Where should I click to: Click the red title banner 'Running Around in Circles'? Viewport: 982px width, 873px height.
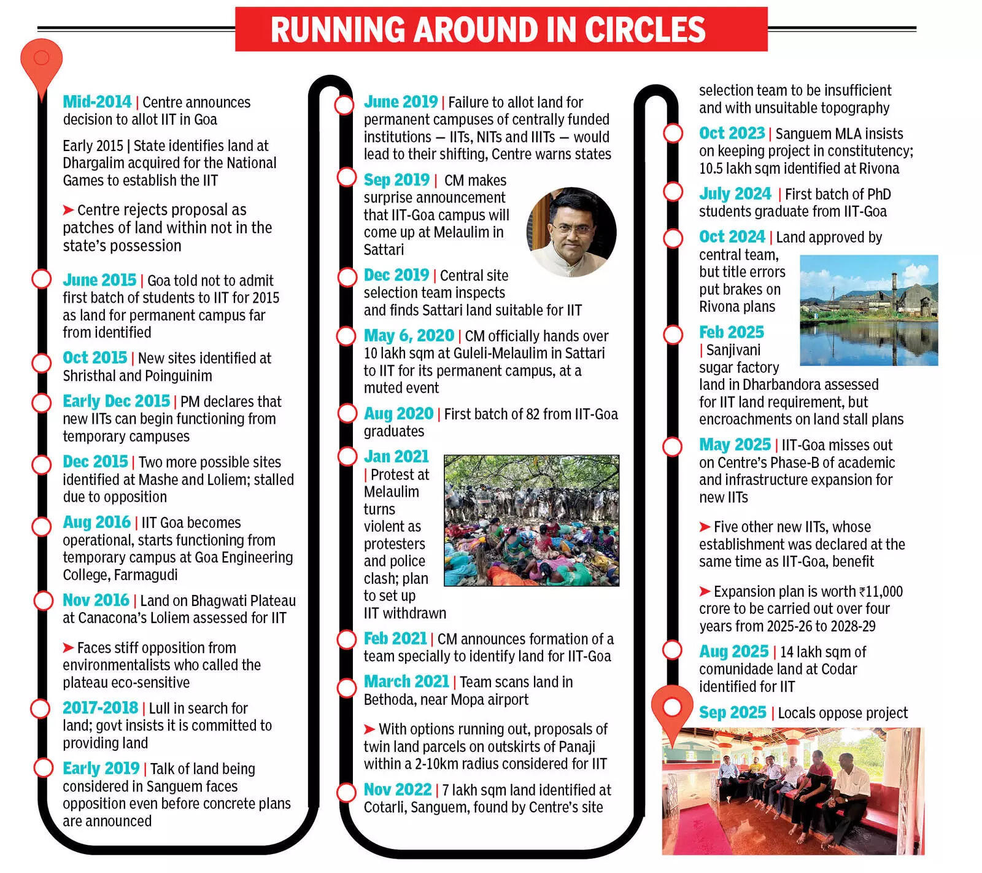501,29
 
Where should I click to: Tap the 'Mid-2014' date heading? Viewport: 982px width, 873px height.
97,102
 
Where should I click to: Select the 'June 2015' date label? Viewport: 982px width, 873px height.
99,280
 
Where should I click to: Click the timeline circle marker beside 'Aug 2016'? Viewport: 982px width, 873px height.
41,526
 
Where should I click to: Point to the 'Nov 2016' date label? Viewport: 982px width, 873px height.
96,600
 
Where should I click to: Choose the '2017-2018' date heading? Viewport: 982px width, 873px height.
100,708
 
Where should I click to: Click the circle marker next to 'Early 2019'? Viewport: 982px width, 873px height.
44,767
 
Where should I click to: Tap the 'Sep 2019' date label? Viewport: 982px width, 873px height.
396,180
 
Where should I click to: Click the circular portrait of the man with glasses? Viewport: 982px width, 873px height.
571,232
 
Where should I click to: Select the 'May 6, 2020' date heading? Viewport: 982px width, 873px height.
409,336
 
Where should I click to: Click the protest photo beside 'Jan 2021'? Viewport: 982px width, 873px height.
532,520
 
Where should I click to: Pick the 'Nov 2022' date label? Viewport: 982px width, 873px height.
398,790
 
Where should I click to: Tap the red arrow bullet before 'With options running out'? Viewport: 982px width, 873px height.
369,729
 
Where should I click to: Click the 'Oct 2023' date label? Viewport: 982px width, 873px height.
732,133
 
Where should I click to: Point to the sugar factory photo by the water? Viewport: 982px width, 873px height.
868,310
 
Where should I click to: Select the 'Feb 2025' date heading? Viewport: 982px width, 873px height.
732,332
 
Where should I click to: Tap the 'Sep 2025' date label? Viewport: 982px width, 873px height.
732,713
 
